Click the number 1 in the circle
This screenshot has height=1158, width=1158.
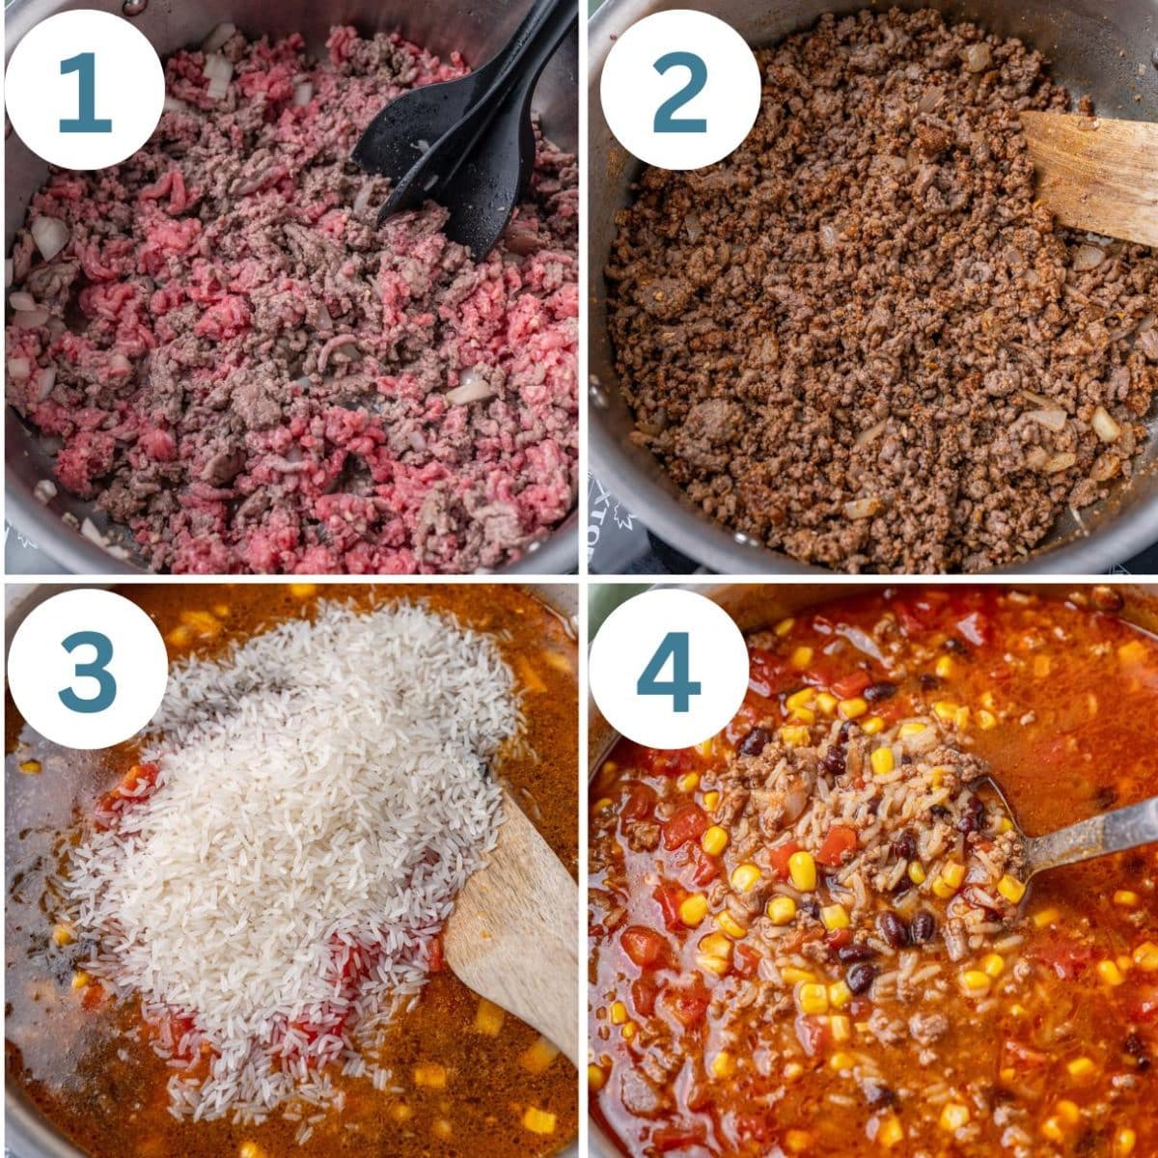tap(84, 93)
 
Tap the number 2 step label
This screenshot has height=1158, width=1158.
tap(679, 93)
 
